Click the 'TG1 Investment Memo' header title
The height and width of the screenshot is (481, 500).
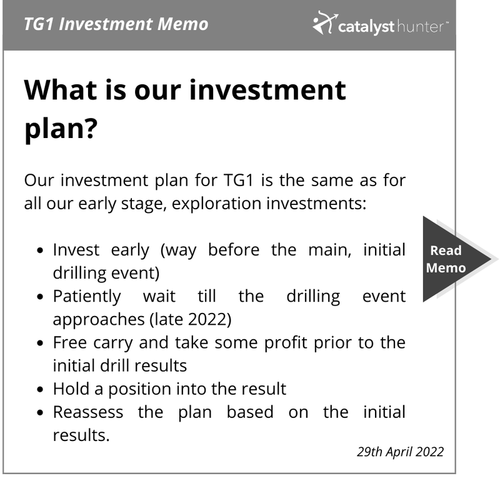116,24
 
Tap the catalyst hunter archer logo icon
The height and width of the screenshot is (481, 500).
324,22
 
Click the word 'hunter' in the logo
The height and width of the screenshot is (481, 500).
420,27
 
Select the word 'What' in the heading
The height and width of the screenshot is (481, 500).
61,90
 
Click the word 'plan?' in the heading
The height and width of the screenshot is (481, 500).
61,129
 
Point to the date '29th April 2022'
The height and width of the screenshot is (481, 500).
400,452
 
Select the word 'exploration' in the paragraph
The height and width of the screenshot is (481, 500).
216,204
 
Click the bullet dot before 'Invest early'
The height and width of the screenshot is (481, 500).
40,250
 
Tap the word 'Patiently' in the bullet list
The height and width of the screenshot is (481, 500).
87,297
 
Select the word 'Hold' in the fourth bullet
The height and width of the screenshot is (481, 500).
71,389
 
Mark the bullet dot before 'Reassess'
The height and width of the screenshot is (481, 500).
40,413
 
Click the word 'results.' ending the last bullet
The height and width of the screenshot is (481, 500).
81,435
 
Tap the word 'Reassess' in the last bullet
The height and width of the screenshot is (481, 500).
88,412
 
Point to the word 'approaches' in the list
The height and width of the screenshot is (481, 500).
99,320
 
